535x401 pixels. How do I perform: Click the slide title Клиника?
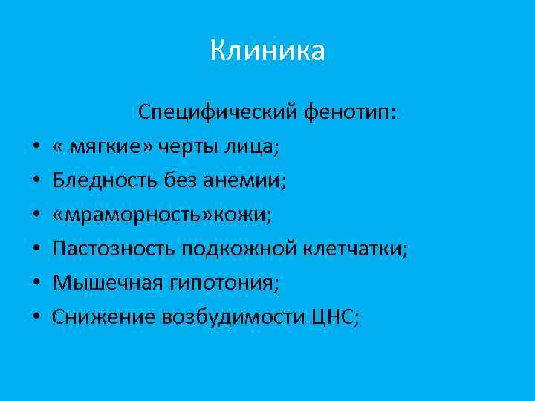coord(267,51)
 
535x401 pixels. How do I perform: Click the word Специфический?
coord(218,113)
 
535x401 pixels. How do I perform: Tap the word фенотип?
coord(350,113)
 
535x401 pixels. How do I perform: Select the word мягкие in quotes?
coord(100,147)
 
